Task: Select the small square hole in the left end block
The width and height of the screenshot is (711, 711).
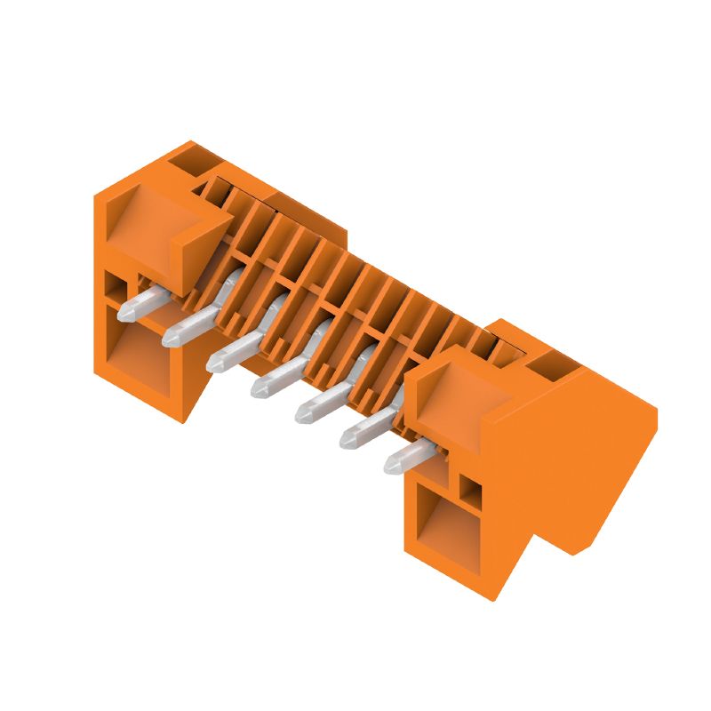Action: point(116,286)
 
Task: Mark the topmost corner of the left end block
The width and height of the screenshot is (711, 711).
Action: point(188,141)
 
